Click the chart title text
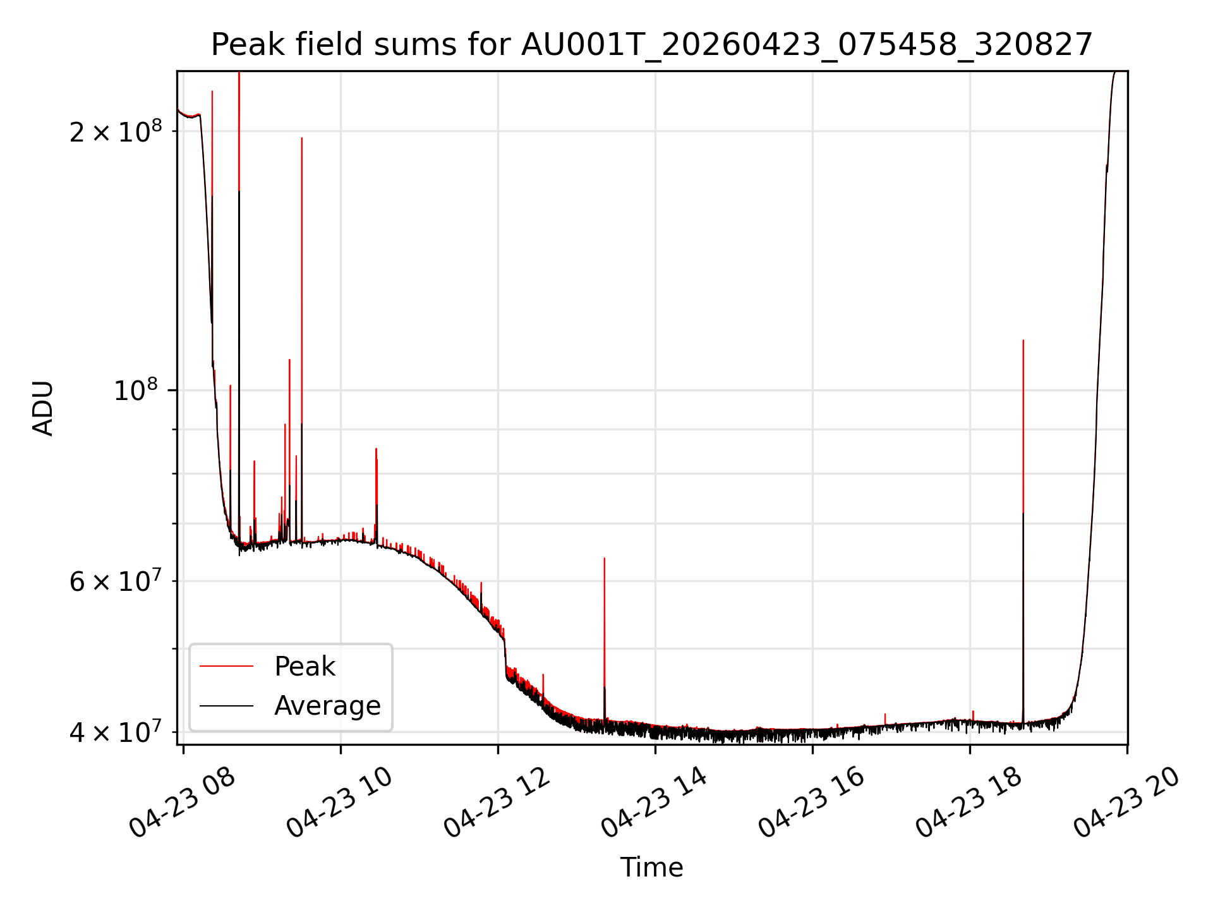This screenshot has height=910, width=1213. pyautogui.click(x=651, y=45)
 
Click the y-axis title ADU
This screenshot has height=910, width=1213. pyautogui.click(x=43, y=408)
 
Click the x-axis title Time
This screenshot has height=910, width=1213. pyautogui.click(x=651, y=867)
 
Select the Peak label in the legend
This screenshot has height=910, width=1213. pyautogui.click(x=305, y=667)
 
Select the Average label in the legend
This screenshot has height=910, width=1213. pyautogui.click(x=327, y=706)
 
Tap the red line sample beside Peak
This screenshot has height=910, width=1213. pyautogui.click(x=226, y=666)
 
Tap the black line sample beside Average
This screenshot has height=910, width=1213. pyautogui.click(x=226, y=705)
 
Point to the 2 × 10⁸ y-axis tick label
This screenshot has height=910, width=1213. pyautogui.click(x=116, y=131)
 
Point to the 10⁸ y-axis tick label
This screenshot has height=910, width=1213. pyautogui.click(x=138, y=390)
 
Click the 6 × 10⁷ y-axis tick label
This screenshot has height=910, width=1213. pyautogui.click(x=116, y=580)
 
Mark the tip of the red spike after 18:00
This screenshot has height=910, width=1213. pyautogui.click(x=1023, y=340)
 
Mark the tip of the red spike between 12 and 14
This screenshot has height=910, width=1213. pyautogui.click(x=604, y=558)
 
